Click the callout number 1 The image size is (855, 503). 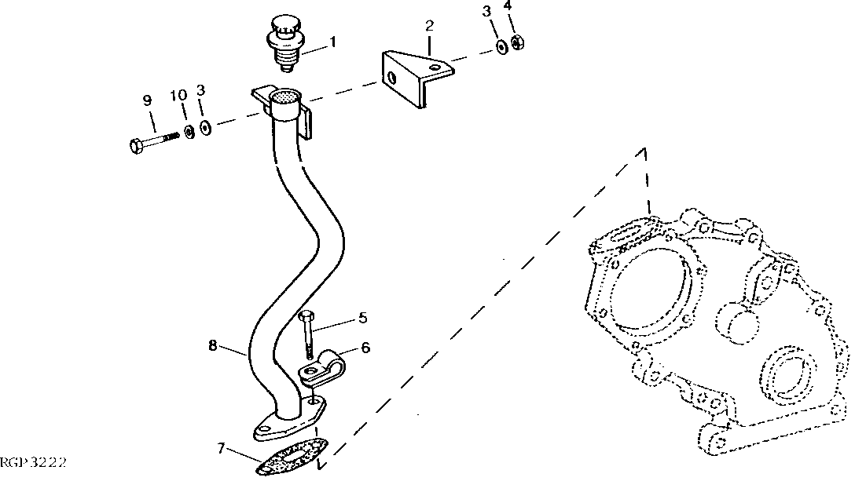[x=332, y=41]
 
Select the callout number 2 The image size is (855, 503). [x=429, y=25]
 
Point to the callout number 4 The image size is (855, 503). [x=507, y=7]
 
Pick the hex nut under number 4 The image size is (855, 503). [x=517, y=42]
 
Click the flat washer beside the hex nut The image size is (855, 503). [x=501, y=47]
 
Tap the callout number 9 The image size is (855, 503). [x=146, y=100]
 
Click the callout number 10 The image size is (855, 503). [x=179, y=96]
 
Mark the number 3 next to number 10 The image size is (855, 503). [x=200, y=91]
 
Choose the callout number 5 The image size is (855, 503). [x=362, y=318]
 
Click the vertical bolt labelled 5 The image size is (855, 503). [x=306, y=334]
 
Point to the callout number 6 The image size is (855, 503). [x=365, y=348]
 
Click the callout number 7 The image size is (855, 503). [x=222, y=449]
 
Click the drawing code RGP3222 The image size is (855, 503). [x=32, y=463]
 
